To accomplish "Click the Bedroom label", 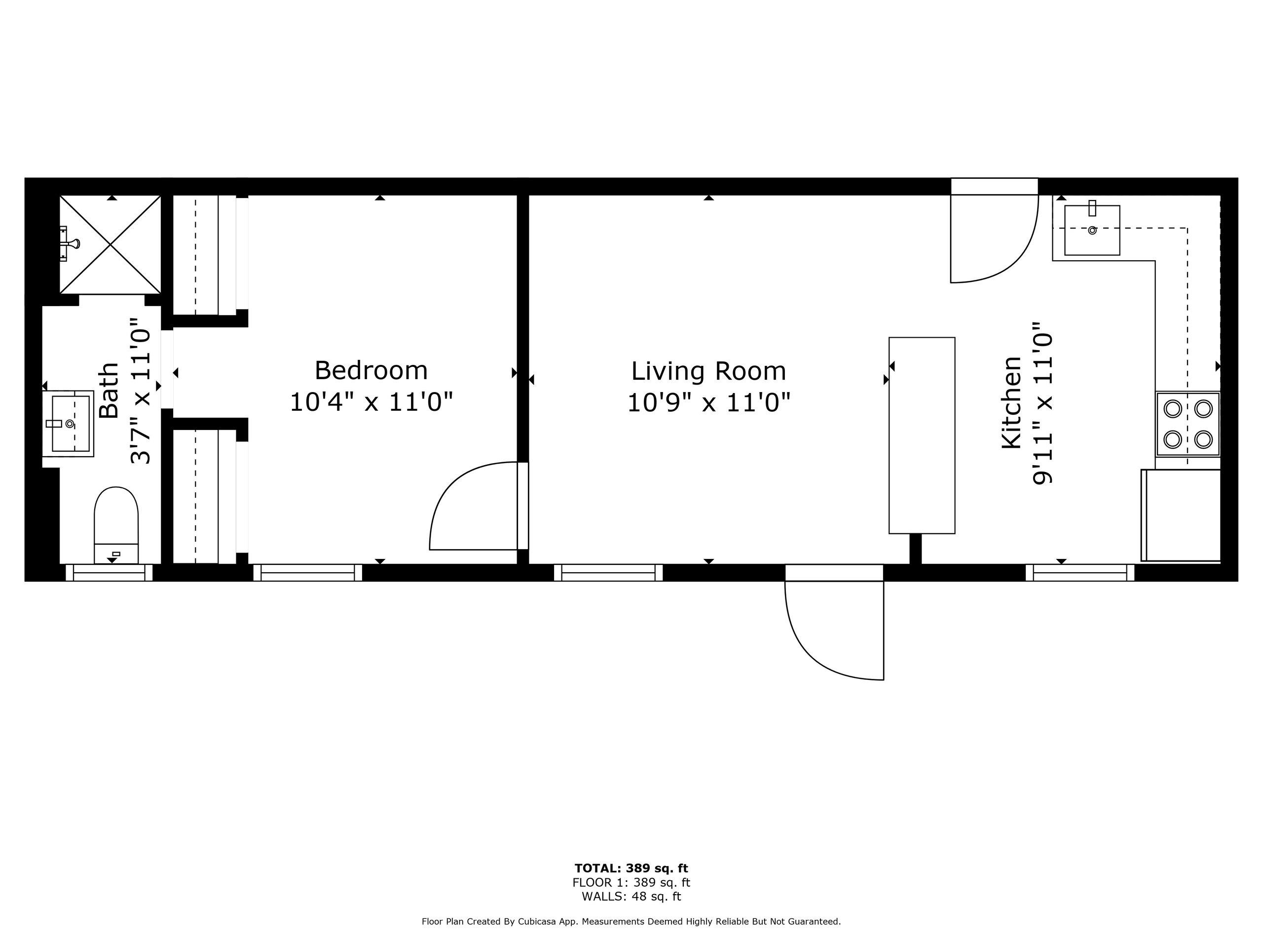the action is tap(371, 370).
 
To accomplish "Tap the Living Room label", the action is tap(708, 371).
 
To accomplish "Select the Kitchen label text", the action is tap(1012, 402).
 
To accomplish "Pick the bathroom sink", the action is tap(68, 424).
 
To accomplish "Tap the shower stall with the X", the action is tap(110, 244).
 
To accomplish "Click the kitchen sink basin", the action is tap(1092, 230).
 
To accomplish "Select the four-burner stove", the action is tap(1188, 424).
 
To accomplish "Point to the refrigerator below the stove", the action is tap(1181, 515).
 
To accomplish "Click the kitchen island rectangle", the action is tap(922, 435).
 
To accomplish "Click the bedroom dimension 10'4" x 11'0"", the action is tap(371, 402).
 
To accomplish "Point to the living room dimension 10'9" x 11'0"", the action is tap(708, 402).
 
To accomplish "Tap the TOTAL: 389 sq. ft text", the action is tap(631, 869).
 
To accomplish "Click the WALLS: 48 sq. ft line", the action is tap(631, 897).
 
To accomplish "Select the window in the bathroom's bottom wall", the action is tap(109, 573).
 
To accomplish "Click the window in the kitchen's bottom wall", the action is tap(1079, 573).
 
